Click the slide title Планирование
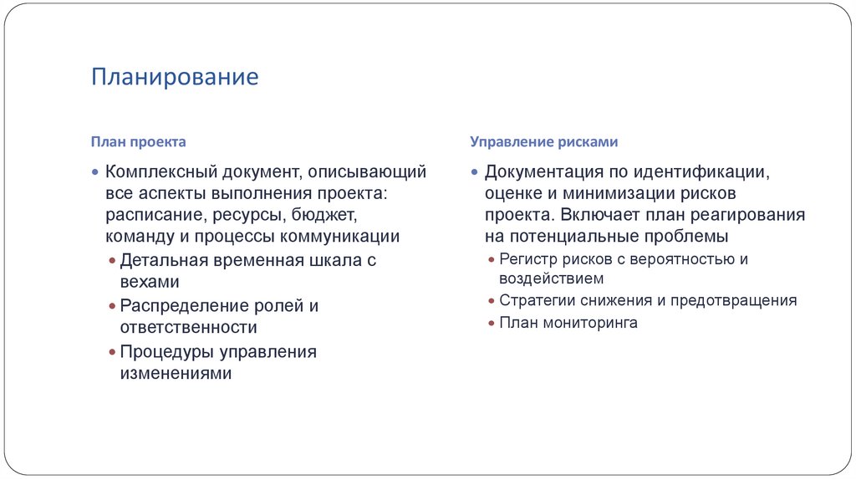pyautogui.click(x=176, y=78)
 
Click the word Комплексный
pyautogui.click(x=160, y=172)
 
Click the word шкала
pyautogui.click(x=336, y=260)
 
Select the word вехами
pyautogui.click(x=150, y=282)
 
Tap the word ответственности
pyautogui.click(x=188, y=328)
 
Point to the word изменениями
pyautogui.click(x=175, y=374)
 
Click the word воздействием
pyautogui.click(x=551, y=279)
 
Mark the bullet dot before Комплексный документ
pyautogui.click(x=95, y=172)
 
